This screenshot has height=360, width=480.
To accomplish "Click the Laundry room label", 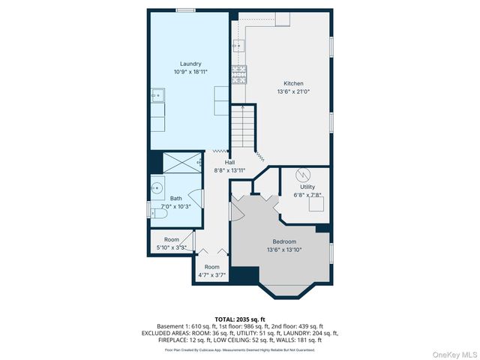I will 190,64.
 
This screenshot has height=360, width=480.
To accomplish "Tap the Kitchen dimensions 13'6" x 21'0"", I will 293,91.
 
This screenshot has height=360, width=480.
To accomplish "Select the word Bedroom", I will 283,241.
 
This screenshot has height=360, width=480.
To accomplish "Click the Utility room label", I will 307,187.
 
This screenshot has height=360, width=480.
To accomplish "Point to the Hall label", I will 230,162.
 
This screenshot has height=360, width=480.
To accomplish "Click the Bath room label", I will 175,199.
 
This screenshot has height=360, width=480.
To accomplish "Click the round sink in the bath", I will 157,188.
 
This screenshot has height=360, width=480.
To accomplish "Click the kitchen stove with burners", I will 238,73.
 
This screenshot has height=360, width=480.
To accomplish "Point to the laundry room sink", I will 157,95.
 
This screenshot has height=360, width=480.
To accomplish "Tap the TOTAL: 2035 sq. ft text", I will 240,319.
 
